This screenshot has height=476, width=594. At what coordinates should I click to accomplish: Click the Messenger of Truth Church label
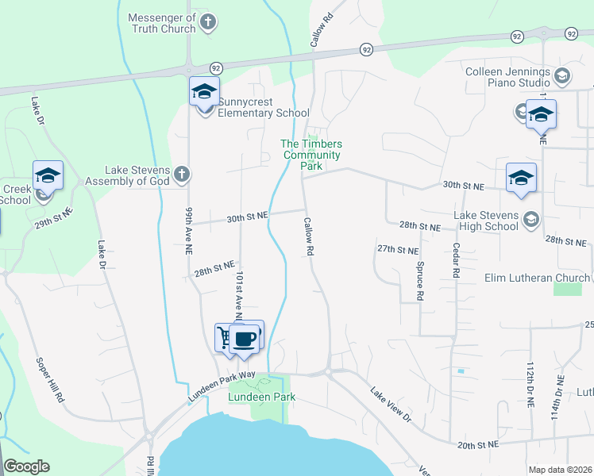tap(162, 23)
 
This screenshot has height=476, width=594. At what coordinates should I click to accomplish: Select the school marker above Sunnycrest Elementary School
tap(204, 91)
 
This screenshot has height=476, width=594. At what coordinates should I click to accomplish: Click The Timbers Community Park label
tap(312, 155)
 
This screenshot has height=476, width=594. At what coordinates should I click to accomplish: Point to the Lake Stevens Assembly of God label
tap(139, 175)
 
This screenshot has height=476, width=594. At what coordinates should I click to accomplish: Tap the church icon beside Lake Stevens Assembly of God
tap(182, 174)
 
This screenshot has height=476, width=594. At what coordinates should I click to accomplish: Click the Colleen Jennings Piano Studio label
tap(508, 77)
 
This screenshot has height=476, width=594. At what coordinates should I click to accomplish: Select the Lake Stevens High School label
tap(486, 221)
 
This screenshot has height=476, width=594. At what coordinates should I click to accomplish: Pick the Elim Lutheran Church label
tap(538, 278)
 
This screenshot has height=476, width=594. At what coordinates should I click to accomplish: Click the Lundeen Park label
tap(261, 397)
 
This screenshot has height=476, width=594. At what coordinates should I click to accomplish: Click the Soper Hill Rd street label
tap(49, 379)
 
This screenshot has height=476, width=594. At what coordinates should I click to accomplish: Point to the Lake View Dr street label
tap(391, 404)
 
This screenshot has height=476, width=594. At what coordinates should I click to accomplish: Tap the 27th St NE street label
tap(397, 249)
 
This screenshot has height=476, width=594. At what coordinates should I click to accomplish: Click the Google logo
tap(26, 466)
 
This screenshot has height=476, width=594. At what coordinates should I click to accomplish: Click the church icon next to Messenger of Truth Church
tap(208, 21)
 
